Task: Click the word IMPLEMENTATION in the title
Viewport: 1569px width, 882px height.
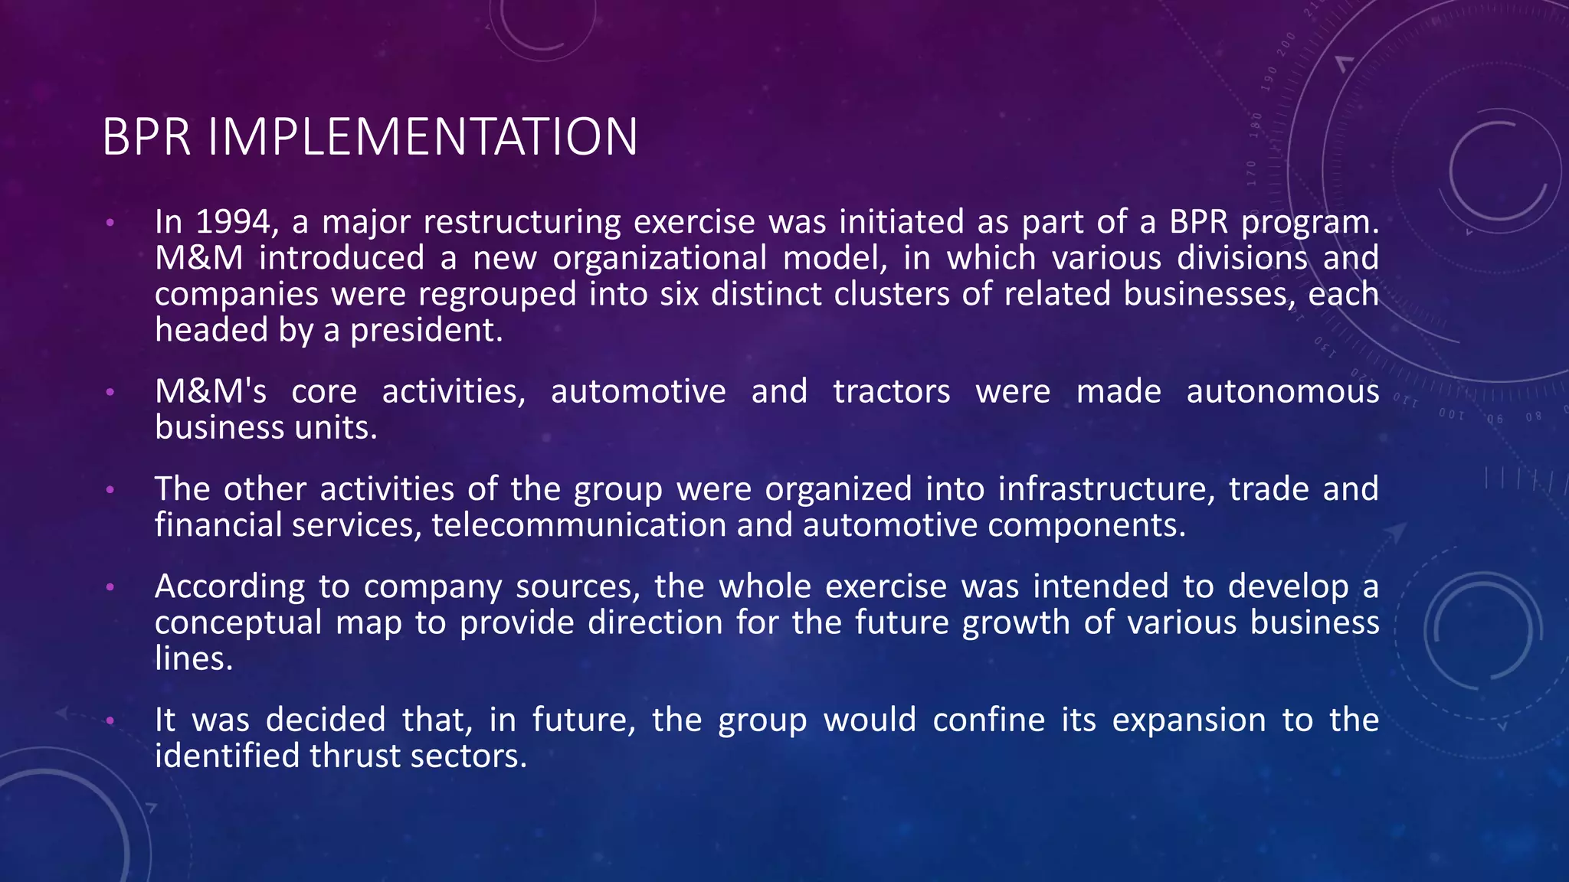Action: point(422,138)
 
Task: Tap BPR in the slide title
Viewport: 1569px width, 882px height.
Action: point(146,138)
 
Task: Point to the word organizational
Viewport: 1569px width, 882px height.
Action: point(660,258)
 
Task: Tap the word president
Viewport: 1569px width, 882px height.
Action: point(426,330)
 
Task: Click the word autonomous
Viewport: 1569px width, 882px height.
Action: point(1282,391)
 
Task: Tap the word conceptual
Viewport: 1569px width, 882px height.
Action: point(237,622)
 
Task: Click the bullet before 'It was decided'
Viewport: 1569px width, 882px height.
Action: point(110,720)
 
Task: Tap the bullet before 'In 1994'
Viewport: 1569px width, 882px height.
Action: point(110,223)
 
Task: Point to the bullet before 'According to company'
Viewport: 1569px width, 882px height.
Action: point(110,586)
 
